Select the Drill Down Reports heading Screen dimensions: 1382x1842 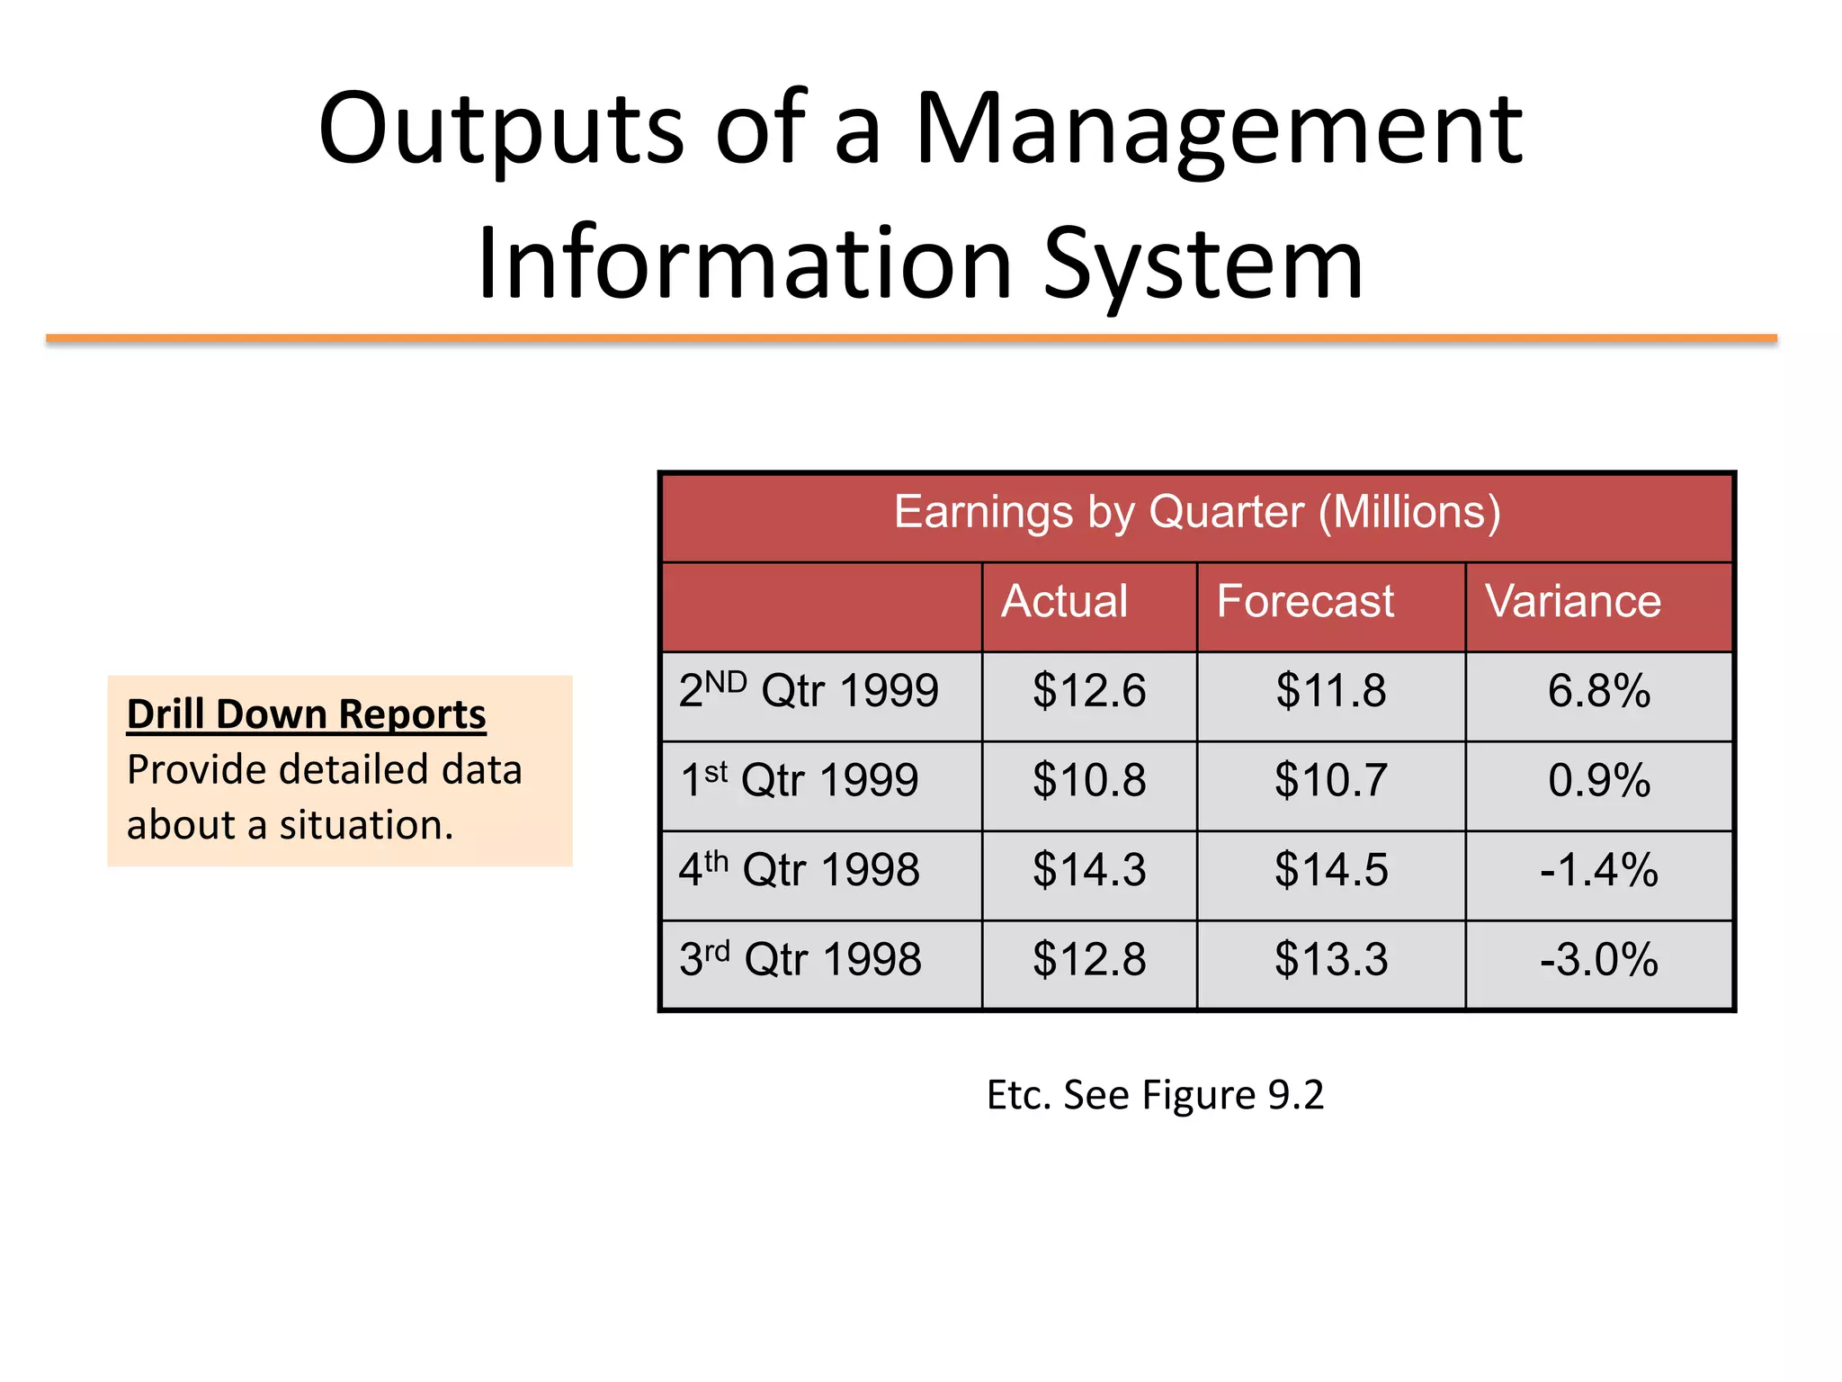[x=306, y=714]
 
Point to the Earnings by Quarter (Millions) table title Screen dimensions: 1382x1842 [x=1196, y=513]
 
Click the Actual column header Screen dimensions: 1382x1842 [x=1064, y=601]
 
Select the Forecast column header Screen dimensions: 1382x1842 [x=1305, y=601]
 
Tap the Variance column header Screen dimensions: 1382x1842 [x=1572, y=601]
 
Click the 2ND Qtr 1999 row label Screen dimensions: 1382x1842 [x=808, y=691]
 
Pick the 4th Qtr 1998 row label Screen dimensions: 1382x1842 [x=799, y=870]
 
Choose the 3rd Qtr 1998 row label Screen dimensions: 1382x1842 [x=800, y=959]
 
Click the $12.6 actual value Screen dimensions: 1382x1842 [x=1089, y=691]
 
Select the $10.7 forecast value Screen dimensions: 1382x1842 [x=1331, y=780]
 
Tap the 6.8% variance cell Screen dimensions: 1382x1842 [x=1598, y=691]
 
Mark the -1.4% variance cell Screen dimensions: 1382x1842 [x=1598, y=870]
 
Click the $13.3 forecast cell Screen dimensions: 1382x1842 [x=1331, y=959]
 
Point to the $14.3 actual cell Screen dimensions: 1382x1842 [x=1089, y=870]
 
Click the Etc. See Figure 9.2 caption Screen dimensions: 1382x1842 [x=1155, y=1095]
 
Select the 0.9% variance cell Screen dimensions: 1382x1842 [x=1598, y=780]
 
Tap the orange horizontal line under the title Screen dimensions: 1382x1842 [x=910, y=339]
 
